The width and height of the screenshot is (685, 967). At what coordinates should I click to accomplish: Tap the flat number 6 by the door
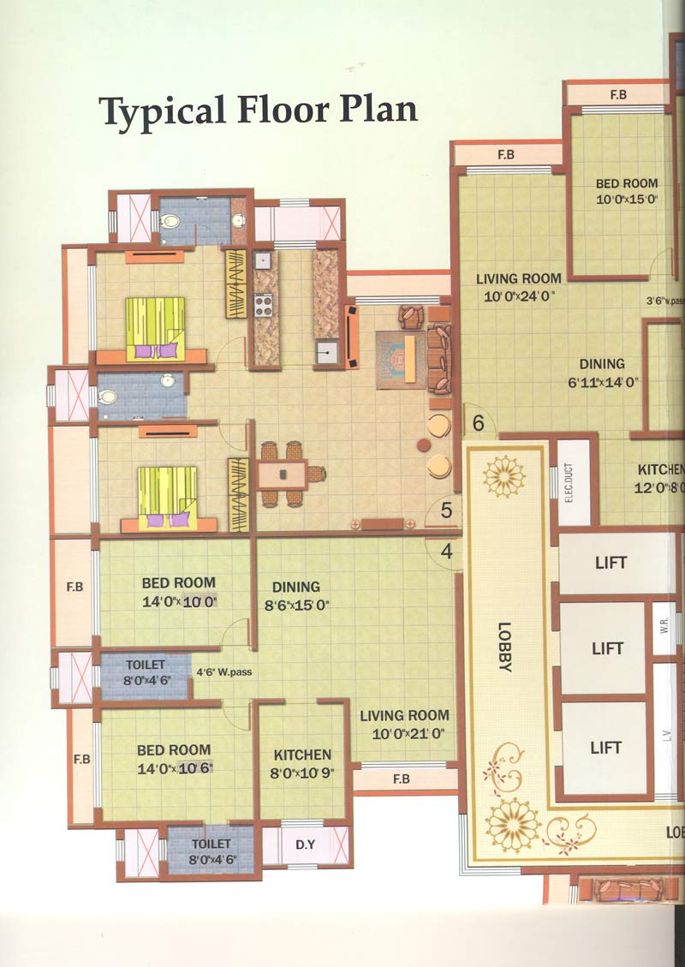(478, 422)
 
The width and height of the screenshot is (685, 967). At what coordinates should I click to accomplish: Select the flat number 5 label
(446, 510)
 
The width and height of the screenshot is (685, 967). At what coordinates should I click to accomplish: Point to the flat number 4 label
(446, 552)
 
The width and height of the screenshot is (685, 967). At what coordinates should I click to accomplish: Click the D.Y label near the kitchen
(305, 845)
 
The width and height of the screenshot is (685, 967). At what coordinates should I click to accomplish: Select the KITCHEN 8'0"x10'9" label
(302, 762)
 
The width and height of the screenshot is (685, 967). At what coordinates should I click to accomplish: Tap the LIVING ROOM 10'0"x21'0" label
(403, 724)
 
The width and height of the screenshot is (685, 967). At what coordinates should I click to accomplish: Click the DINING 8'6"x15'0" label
(295, 594)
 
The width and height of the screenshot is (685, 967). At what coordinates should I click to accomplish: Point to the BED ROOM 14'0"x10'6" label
(174, 758)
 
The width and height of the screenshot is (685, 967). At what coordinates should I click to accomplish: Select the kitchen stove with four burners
(264, 304)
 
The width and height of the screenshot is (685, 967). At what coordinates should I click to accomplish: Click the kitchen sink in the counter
(326, 353)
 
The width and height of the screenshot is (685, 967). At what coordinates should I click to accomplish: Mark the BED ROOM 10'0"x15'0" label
(627, 190)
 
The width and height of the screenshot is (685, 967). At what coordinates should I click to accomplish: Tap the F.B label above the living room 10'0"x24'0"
(505, 154)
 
